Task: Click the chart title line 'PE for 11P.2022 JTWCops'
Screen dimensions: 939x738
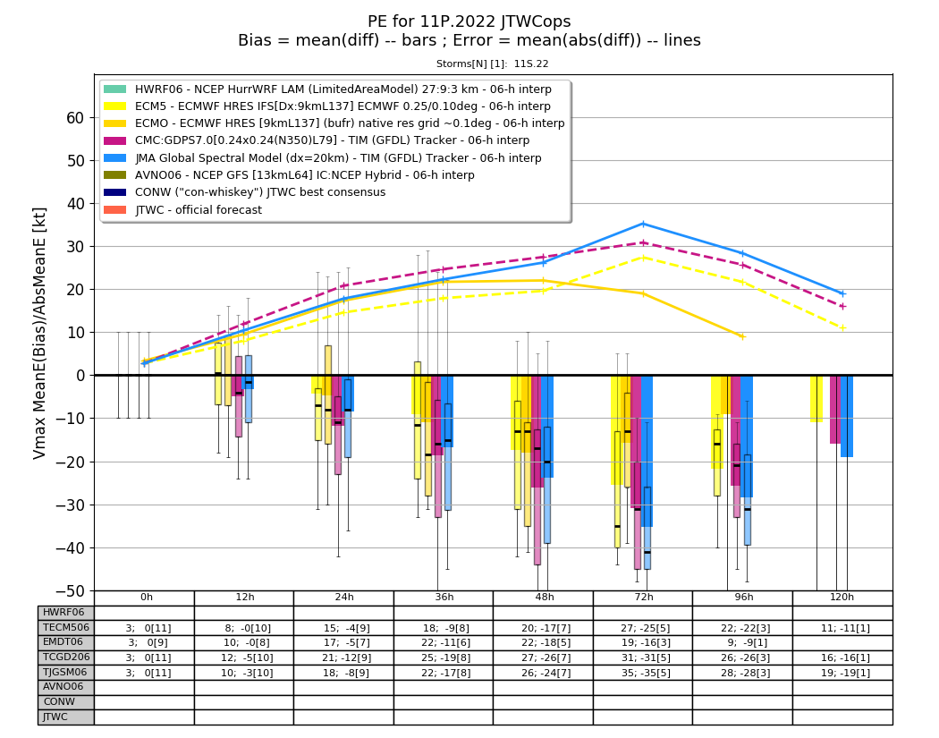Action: coord(469,21)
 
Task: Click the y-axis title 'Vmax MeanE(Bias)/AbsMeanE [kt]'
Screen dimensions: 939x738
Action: coord(39,334)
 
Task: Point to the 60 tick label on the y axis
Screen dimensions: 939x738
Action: coord(75,118)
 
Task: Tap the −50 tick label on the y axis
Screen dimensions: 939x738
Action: coord(71,590)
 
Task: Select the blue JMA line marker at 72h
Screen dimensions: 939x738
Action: coord(644,224)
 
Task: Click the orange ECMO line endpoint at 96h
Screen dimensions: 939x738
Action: coord(743,336)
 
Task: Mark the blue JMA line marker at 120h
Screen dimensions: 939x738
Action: coord(843,293)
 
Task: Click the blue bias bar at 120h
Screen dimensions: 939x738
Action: coord(847,416)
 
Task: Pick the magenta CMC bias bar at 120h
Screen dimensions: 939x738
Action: coord(835,410)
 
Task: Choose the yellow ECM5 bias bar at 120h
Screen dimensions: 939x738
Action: coord(816,399)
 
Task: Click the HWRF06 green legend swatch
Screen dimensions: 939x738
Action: coord(115,89)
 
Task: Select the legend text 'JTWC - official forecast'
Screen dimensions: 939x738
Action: coord(199,210)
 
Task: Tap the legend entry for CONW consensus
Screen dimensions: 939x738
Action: coord(260,192)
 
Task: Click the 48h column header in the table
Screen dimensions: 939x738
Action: coord(544,598)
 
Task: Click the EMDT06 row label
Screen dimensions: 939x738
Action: coord(63,642)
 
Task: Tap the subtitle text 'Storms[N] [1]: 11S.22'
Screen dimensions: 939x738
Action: coord(492,64)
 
